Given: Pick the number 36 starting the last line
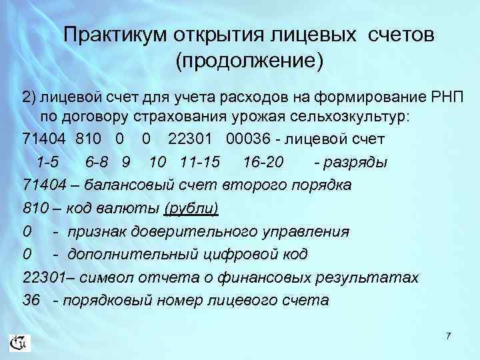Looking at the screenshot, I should tap(31, 300).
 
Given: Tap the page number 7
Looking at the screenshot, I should tap(449, 337).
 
